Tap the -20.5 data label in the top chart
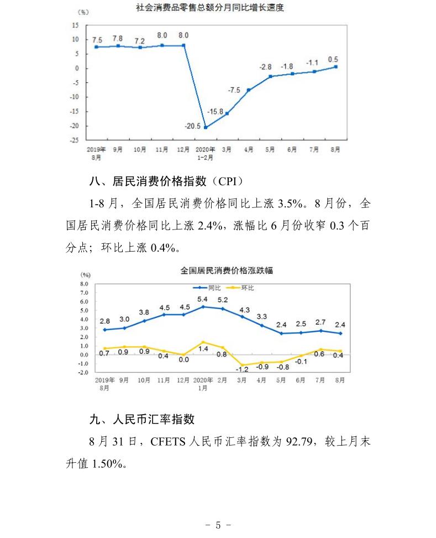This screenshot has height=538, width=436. pyautogui.click(x=192, y=126)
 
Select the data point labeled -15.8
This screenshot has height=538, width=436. pyautogui.click(x=227, y=113)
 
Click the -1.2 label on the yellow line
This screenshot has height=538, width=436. pyautogui.click(x=241, y=368)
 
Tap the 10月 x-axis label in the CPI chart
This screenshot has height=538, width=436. pyautogui.click(x=144, y=380)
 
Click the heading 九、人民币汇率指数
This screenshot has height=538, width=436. pyautogui.click(x=142, y=419)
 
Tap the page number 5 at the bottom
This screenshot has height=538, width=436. pyautogui.click(x=218, y=525)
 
